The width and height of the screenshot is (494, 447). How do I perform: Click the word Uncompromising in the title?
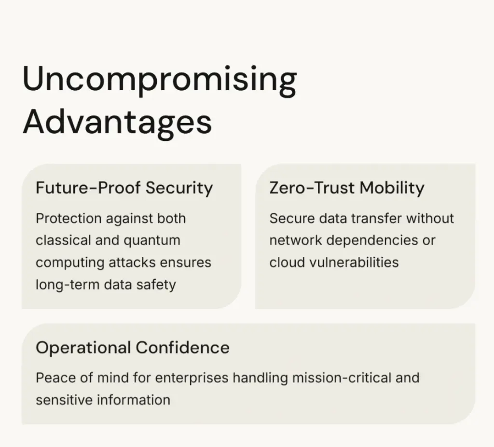[159, 81]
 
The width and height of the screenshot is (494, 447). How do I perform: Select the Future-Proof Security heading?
[124, 188]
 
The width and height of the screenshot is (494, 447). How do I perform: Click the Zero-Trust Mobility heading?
[347, 188]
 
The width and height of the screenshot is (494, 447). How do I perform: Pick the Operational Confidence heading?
[133, 348]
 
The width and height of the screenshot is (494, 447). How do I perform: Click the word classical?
[63, 240]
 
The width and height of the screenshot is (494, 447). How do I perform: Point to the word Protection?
[69, 219]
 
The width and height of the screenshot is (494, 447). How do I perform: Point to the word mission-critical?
[342, 377]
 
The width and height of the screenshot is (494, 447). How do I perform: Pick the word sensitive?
[64, 400]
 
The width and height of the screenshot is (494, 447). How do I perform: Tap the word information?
[134, 400]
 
